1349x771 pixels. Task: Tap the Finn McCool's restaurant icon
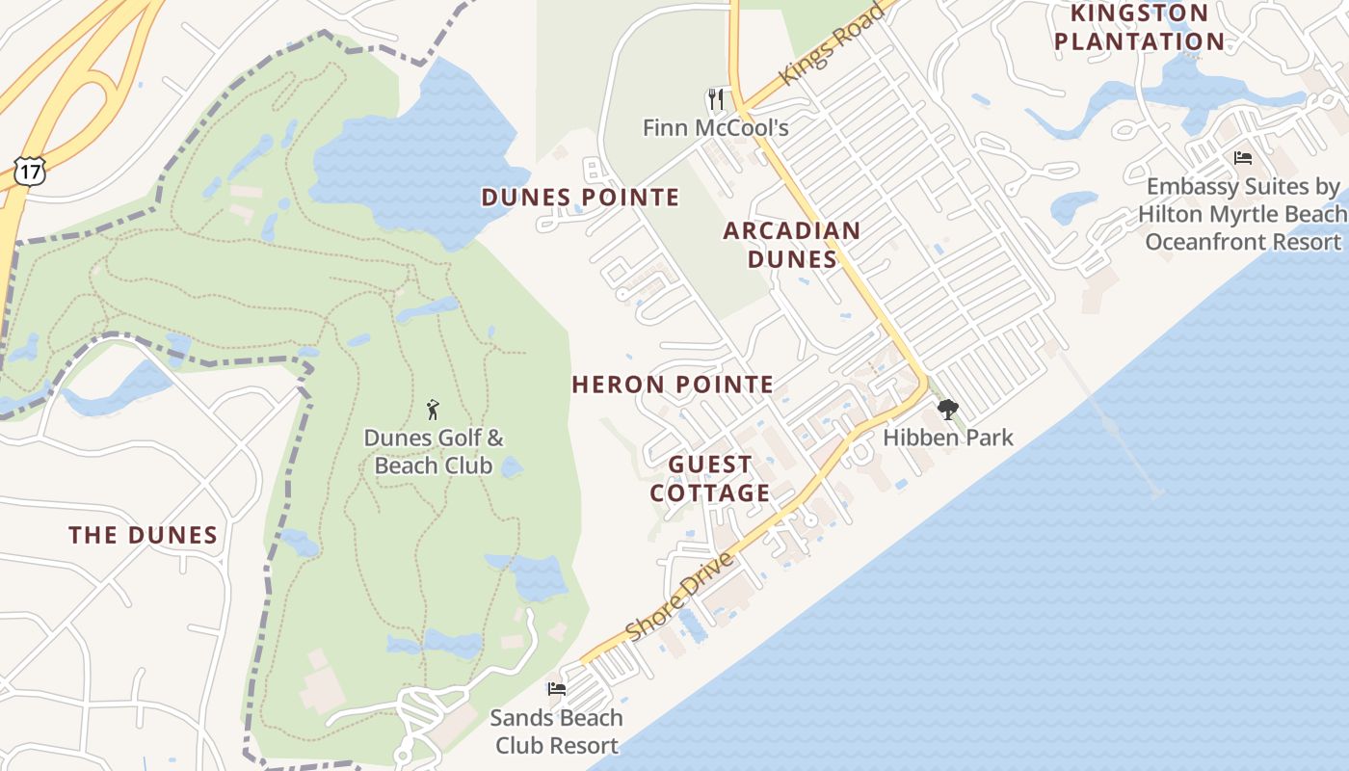[x=715, y=99]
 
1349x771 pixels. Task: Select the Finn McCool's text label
[x=716, y=127]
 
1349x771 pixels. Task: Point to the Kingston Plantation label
[x=1139, y=27]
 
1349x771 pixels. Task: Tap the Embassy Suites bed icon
[x=1243, y=157]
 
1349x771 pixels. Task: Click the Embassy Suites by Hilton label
[x=1243, y=214]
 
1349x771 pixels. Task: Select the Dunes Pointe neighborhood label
[x=580, y=198]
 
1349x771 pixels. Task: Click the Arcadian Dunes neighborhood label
[x=792, y=245]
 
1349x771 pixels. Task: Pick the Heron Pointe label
[x=673, y=385]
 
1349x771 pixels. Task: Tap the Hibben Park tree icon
[x=948, y=410]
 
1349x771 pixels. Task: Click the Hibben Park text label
[x=948, y=438]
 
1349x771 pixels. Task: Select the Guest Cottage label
[x=710, y=479]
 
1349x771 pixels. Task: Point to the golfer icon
[x=433, y=410]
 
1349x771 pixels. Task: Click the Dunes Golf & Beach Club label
[x=434, y=452]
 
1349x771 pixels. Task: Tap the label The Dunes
[x=143, y=536]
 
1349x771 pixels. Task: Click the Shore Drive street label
[x=679, y=596]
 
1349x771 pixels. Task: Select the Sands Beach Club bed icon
[x=557, y=689]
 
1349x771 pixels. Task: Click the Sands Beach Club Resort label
[x=556, y=731]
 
